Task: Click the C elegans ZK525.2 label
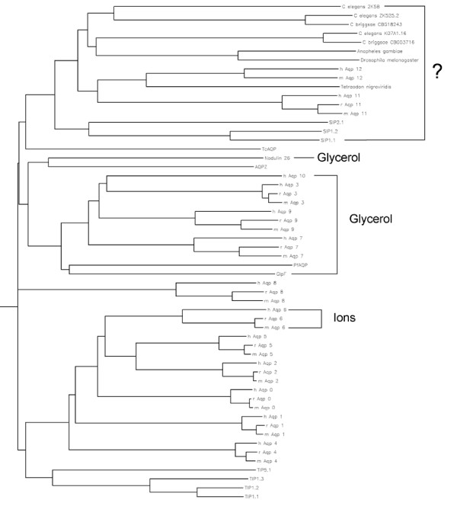coord(356,16)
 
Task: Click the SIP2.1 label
coord(328,122)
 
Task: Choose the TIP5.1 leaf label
coord(244,470)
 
